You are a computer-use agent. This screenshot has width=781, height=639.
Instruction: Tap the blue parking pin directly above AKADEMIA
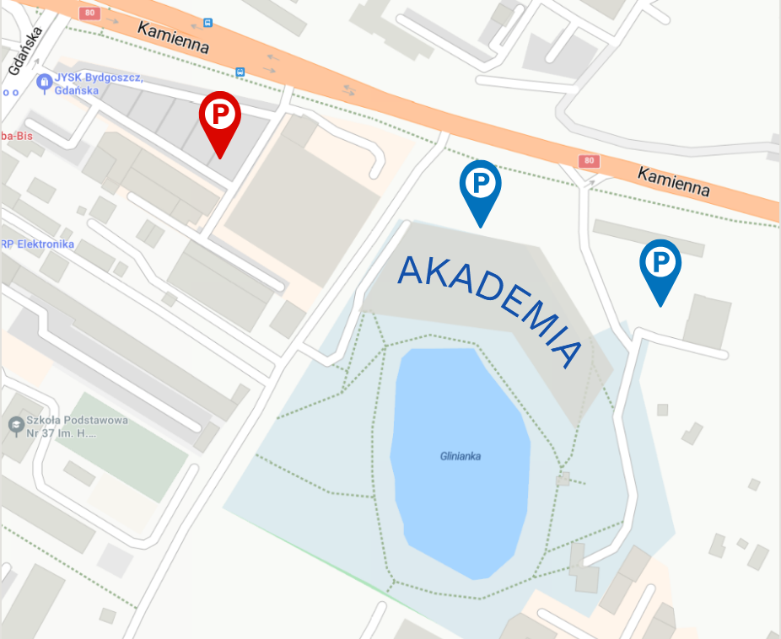coord(480,185)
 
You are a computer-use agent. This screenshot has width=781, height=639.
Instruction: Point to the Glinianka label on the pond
coord(460,457)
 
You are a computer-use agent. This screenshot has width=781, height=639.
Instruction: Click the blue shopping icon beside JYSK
coord(44,83)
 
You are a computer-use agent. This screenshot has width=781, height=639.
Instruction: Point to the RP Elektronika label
coord(38,244)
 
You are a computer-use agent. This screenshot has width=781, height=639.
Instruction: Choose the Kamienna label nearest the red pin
coord(174,37)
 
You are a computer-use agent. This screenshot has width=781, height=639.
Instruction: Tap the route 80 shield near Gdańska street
coord(89,13)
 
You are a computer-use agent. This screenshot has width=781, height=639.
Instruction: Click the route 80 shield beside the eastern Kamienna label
coord(589,160)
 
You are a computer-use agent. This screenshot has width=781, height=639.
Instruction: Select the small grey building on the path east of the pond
coord(564,479)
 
